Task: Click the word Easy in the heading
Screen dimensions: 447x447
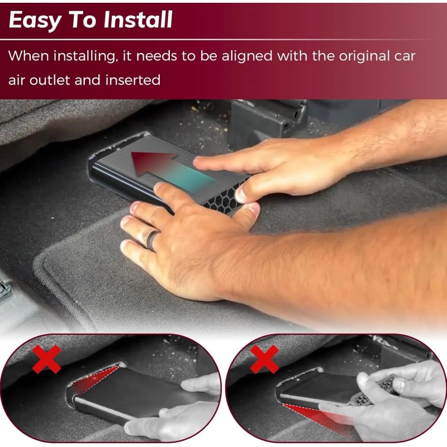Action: point(33,20)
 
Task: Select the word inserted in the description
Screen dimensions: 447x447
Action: point(134,80)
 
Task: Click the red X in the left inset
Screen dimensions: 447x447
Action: point(46,359)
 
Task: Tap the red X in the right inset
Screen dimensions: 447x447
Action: point(264,359)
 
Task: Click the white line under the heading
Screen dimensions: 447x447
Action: point(223,40)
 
